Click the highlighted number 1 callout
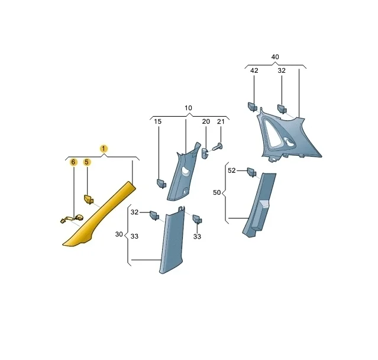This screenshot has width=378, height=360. point(104,149)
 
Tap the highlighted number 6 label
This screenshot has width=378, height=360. point(73,162)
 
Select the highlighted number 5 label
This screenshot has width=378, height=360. point(87,162)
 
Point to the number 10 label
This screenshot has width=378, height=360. point(188,108)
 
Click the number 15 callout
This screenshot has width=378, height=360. point(158,121)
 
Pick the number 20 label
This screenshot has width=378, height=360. point(206,121)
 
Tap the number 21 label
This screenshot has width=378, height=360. point(221,121)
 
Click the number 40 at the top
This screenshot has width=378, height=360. point(275,57)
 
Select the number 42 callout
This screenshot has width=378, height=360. point(254,70)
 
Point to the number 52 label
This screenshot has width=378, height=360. point(232,171)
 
